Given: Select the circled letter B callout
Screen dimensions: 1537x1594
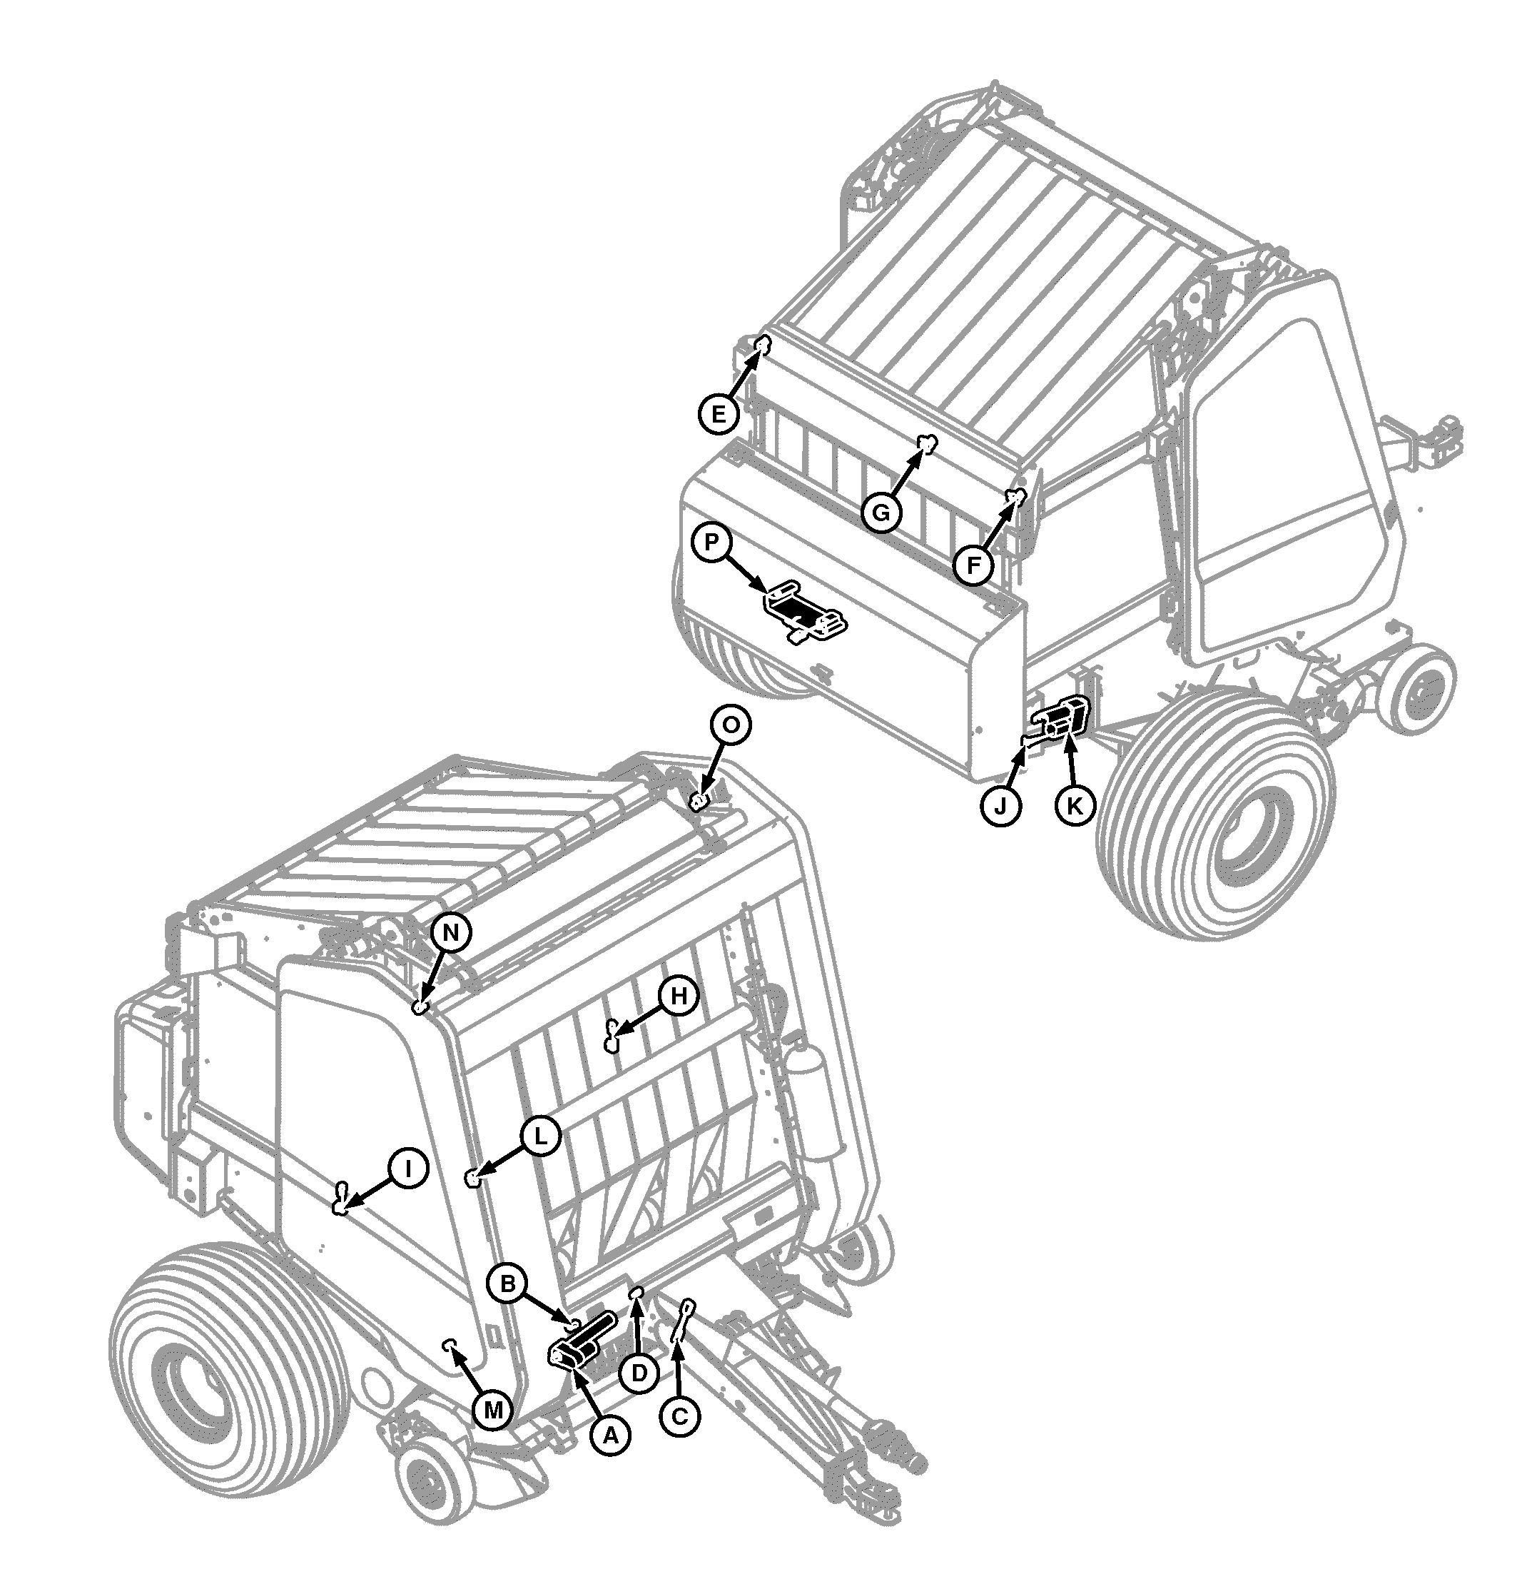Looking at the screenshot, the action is pos(507,1284).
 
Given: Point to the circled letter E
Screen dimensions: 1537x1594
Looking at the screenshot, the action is pos(719,414).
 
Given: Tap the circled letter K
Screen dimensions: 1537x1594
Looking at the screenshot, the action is pos(1075,805).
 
